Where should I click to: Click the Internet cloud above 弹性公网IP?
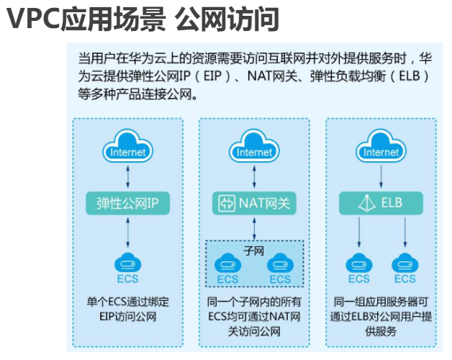pyautogui.click(x=127, y=148)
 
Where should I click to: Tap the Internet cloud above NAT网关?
pyautogui.click(x=255, y=148)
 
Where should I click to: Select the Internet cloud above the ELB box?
pyautogui.click(x=381, y=148)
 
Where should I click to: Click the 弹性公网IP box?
pyautogui.click(x=127, y=203)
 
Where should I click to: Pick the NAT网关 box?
pyautogui.click(x=255, y=203)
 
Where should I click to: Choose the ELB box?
pyautogui.click(x=381, y=203)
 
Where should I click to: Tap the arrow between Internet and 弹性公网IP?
pyautogui.click(x=127, y=176)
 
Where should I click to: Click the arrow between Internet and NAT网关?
pyautogui.click(x=255, y=176)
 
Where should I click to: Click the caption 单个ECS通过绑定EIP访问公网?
pyautogui.click(x=127, y=309)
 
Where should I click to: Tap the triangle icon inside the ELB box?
pyautogui.click(x=363, y=204)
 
